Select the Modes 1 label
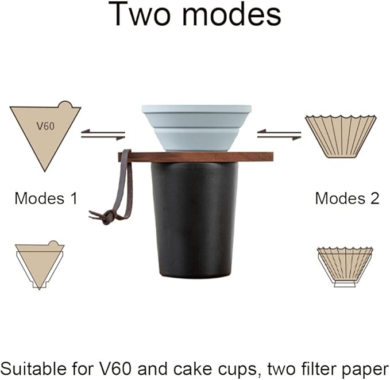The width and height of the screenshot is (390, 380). [x=45, y=198]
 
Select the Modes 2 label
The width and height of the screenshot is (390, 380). [x=347, y=198]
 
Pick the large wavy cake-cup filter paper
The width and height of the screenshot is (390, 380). [x=341, y=136]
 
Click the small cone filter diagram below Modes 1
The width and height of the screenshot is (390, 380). [x=39, y=264]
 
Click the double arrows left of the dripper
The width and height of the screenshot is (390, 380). [x=103, y=135]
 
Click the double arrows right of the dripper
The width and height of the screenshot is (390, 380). [x=279, y=135]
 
